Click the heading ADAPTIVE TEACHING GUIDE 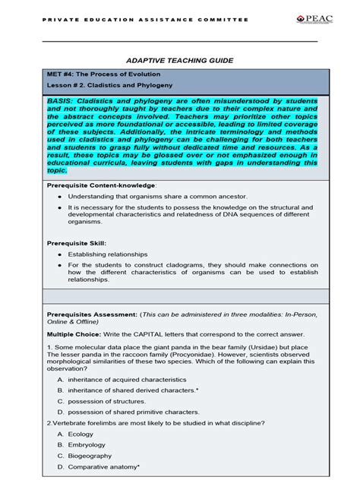coord(179,60)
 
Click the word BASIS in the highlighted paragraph coord(62,101)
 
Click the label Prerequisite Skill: coord(75,242)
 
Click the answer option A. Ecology coord(81,434)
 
